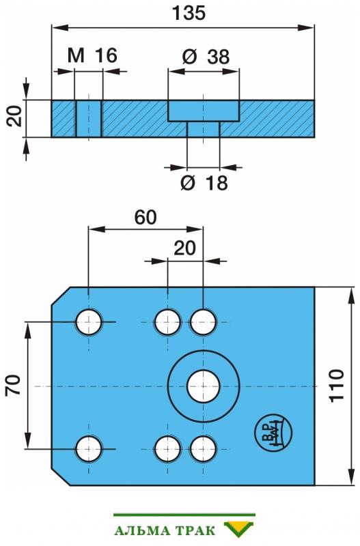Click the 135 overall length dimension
coord(189,13)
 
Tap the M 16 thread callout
coord(92,55)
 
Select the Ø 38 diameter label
coord(206,57)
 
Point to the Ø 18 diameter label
coord(204,182)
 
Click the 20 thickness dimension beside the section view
coord(14,116)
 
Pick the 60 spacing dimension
coord(146,217)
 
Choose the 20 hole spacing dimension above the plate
coord(184,248)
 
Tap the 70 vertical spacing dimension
coord(13,385)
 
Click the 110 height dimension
coord(337,386)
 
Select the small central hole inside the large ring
coord(204,386)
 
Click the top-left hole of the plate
coord(89,322)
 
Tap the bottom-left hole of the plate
coord(89,449)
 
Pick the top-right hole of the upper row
coord(203,322)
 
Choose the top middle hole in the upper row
coord(167,322)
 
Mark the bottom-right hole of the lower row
coord(203,449)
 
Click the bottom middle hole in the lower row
coord(167,449)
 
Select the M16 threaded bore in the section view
coord(89,118)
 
